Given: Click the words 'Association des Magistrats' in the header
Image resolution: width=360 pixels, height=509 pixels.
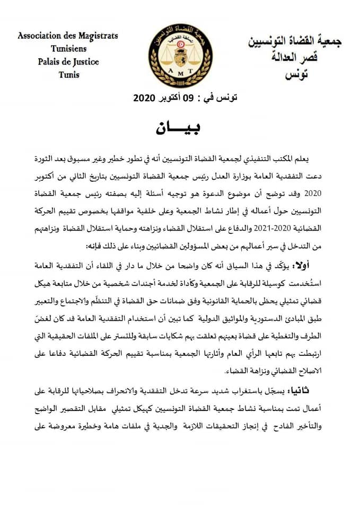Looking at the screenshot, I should point(67,36).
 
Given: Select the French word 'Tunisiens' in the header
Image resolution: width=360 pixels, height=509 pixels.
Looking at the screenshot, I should point(67,49).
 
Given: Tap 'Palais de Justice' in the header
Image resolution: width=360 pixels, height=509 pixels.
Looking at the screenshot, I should point(68,62).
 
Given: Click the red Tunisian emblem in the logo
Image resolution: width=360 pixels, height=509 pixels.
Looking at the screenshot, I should point(172,44).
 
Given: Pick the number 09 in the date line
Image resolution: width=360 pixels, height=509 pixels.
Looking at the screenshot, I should point(189,98).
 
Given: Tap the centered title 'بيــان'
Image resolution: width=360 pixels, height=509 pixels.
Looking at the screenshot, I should point(180,127).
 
